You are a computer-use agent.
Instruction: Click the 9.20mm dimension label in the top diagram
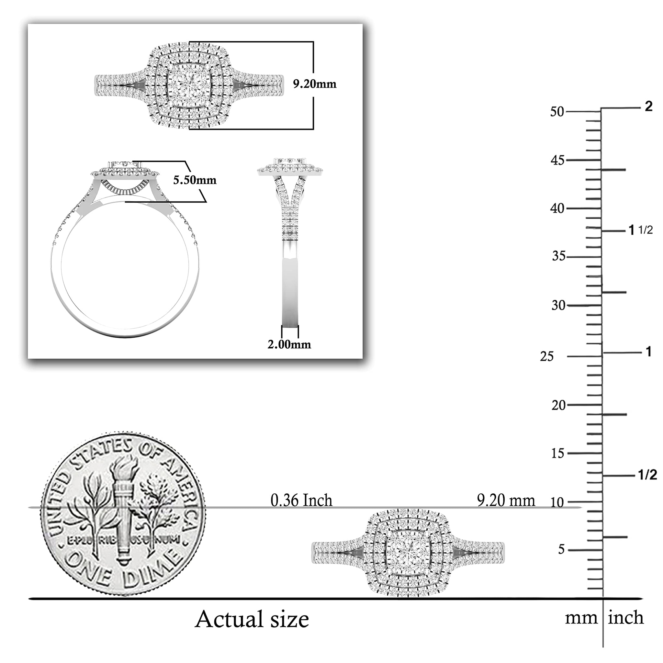click(315, 84)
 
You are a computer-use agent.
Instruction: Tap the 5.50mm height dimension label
click(195, 180)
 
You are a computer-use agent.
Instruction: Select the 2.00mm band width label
click(289, 344)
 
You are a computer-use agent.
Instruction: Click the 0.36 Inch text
click(301, 501)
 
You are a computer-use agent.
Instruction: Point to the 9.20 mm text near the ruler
click(506, 501)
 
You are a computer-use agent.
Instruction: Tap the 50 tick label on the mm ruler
click(557, 112)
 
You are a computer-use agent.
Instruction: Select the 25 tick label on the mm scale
click(547, 356)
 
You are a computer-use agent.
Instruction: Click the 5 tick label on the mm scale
click(561, 550)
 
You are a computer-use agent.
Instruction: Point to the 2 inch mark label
click(648, 107)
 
